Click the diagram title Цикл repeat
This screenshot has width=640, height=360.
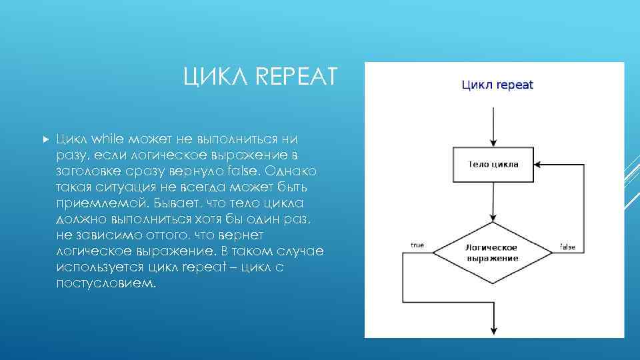[497, 85]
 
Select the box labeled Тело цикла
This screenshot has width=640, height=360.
[493, 163]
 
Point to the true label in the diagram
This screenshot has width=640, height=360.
[417, 245]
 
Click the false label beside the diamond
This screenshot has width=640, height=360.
[567, 247]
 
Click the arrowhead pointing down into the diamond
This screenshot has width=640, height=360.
[493, 217]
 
